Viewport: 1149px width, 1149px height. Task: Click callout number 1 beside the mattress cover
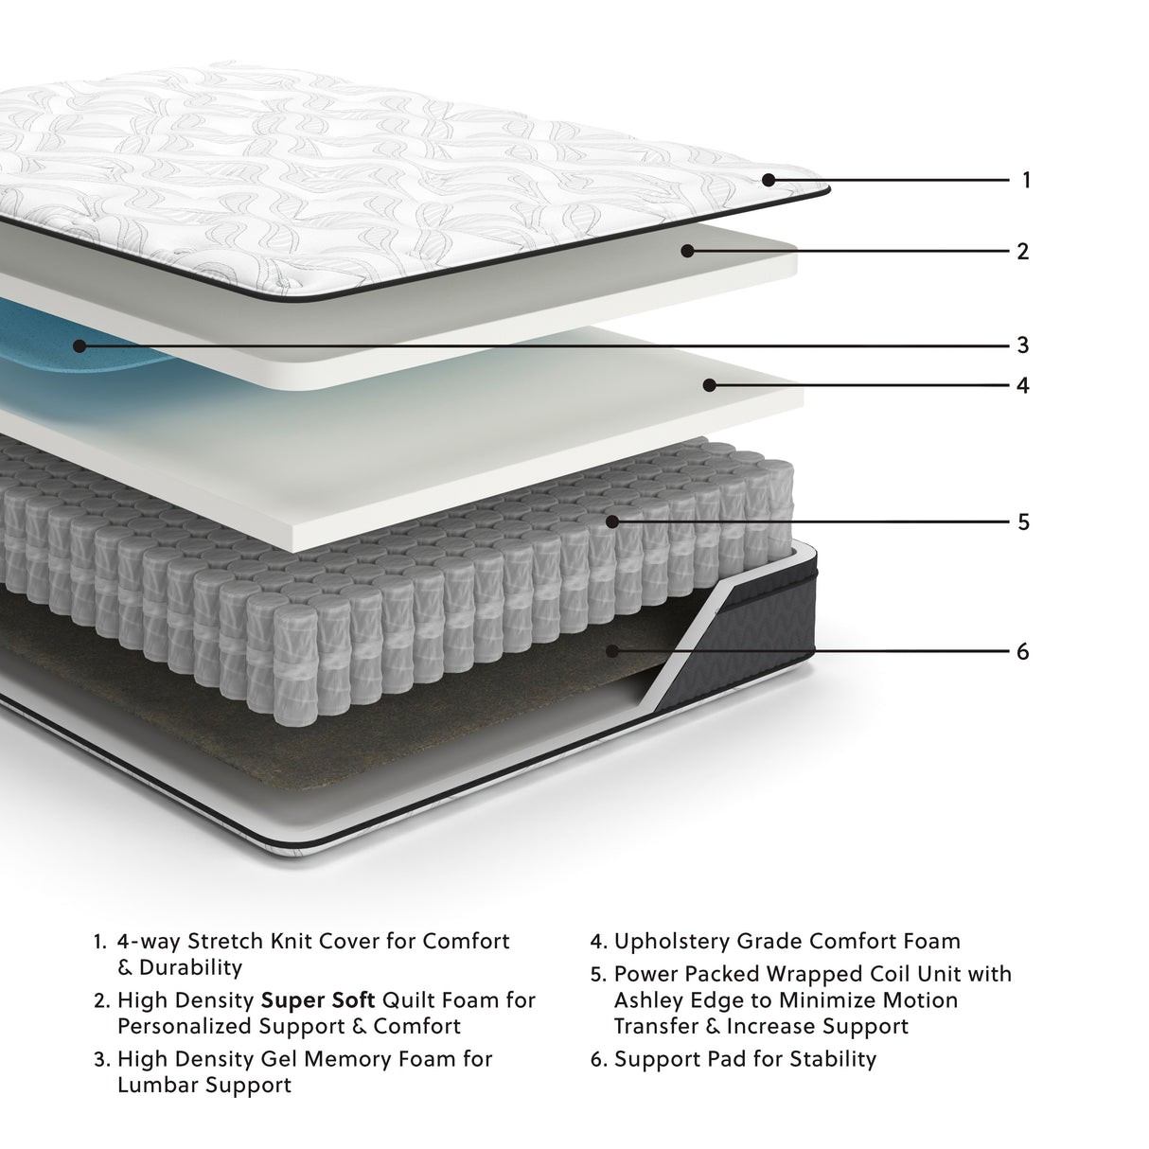coord(1026,180)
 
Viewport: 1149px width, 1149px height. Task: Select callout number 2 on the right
coord(1022,252)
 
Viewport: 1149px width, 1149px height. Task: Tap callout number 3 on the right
coord(1022,345)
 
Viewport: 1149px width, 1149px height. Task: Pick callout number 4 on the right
coord(1022,385)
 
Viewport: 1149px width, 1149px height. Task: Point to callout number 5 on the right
coord(1022,521)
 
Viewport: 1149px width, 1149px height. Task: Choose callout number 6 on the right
coord(1022,652)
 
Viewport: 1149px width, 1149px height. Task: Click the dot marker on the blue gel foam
coord(80,346)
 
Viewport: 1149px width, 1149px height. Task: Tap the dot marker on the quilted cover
coord(768,179)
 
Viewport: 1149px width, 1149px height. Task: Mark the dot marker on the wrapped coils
coord(612,521)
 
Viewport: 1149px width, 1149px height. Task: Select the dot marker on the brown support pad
coord(612,651)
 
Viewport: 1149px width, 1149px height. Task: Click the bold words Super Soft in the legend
coord(318,1000)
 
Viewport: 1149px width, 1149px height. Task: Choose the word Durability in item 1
coord(190,968)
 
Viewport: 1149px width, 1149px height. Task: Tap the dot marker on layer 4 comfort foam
coord(708,384)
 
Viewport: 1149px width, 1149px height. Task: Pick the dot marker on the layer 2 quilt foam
coord(687,251)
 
